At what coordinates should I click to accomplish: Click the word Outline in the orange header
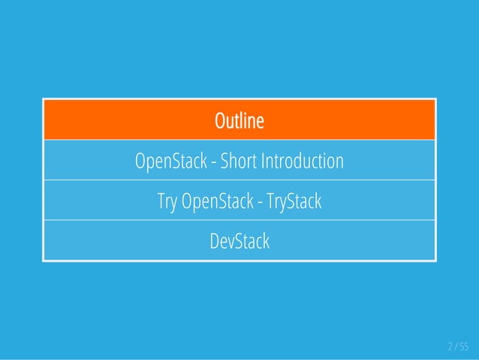click(x=239, y=120)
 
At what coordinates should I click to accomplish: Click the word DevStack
click(x=239, y=242)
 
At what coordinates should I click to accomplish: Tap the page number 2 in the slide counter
click(x=450, y=346)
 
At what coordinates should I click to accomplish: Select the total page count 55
click(x=463, y=346)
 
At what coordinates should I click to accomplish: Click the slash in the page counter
click(x=456, y=346)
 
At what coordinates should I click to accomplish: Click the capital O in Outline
click(x=219, y=120)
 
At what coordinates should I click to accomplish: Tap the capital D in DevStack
click(x=214, y=242)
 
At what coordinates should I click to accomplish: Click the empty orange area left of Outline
click(x=113, y=120)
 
